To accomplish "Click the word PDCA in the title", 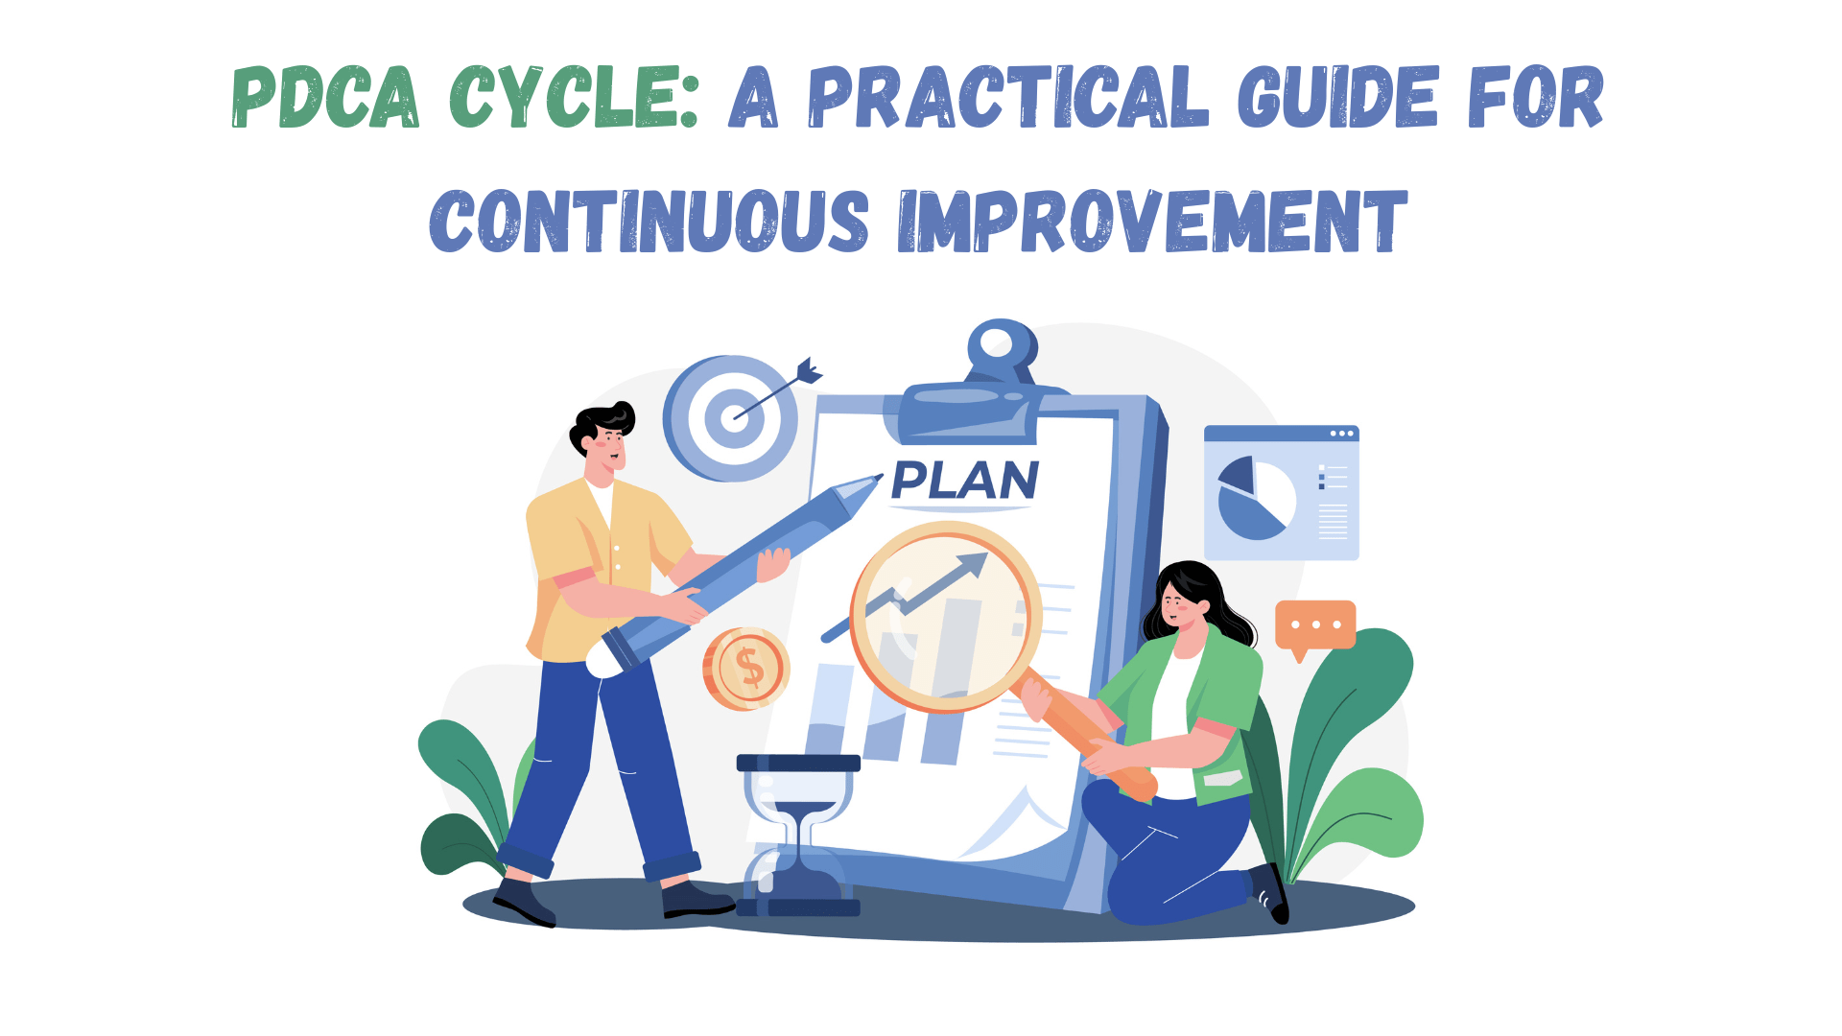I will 325,97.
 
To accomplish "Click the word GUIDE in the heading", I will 1338,97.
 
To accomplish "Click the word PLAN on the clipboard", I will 964,481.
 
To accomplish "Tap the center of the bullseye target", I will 734,417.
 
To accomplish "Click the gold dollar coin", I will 746,669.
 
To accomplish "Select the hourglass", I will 798,835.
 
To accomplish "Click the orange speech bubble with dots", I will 1314,625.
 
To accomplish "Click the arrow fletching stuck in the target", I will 809,370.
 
